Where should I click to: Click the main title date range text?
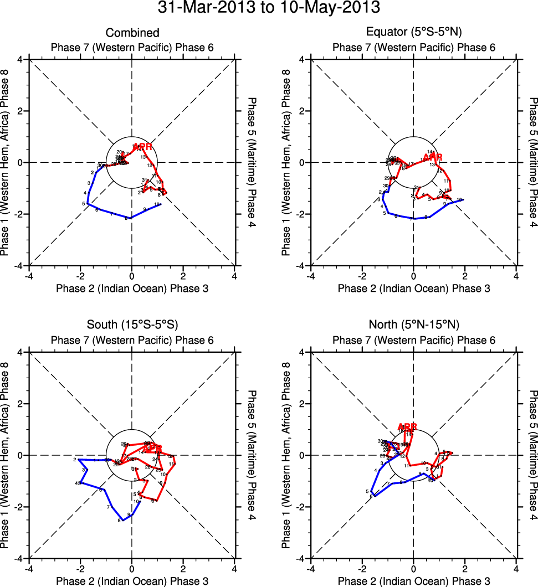[x=269, y=8]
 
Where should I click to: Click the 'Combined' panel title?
[x=132, y=33]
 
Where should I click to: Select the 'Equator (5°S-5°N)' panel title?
[x=414, y=33]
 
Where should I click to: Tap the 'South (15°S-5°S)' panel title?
[x=132, y=325]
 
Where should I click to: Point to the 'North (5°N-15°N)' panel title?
[x=414, y=325]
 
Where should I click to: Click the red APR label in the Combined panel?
[x=142, y=147]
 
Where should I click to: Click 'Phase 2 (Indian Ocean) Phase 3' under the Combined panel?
[x=132, y=288]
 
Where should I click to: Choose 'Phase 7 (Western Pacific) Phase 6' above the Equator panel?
[x=414, y=48]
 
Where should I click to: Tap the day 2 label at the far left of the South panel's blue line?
[x=74, y=460]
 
